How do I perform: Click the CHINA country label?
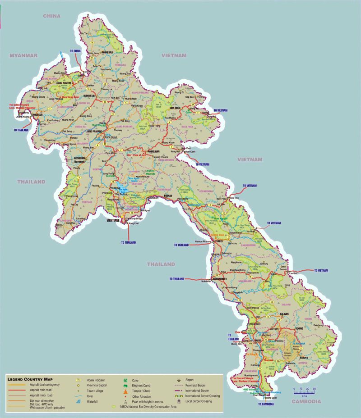[x=52, y=16]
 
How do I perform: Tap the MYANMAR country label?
[x=23, y=55]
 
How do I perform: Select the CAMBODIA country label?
[x=306, y=401]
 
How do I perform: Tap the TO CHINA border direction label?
[x=75, y=51]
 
